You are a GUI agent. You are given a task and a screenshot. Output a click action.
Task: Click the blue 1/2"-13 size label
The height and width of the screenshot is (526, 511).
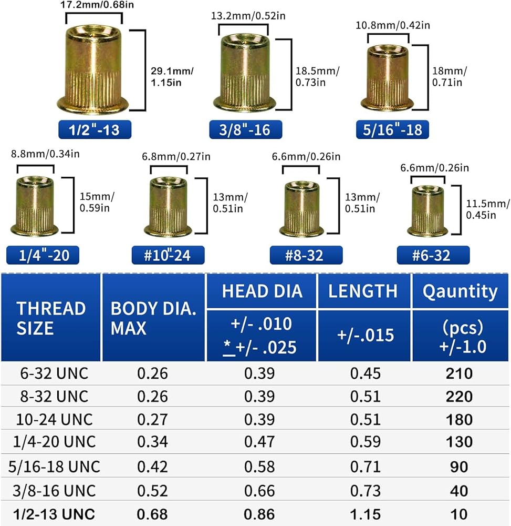tap(93, 129)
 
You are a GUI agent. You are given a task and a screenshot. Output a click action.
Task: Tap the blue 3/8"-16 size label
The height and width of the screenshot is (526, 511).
tap(245, 129)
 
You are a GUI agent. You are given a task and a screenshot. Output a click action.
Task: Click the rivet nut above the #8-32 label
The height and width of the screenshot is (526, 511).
tap(301, 208)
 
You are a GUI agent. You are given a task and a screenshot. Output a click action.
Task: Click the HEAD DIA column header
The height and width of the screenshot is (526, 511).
tap(262, 291)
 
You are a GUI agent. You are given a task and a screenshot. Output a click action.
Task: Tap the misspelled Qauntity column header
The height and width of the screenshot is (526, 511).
tap(461, 291)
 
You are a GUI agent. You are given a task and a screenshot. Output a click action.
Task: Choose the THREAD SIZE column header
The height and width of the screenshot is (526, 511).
tap(51, 318)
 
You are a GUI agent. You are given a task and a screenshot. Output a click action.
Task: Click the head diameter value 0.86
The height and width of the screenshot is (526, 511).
tap(260, 513)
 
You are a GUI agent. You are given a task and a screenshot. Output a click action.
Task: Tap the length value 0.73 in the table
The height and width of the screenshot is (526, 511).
tap(365, 490)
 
